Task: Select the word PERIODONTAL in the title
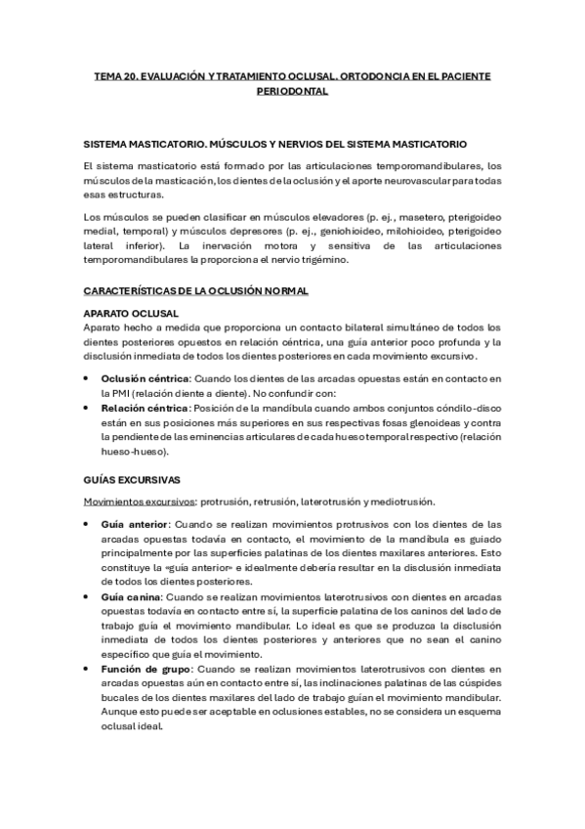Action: (292, 91)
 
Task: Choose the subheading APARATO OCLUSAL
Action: (130, 313)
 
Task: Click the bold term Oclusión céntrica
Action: (146, 378)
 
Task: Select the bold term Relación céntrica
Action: (146, 408)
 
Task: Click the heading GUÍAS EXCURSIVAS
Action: (132, 479)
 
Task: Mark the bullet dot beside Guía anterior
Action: (89, 524)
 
